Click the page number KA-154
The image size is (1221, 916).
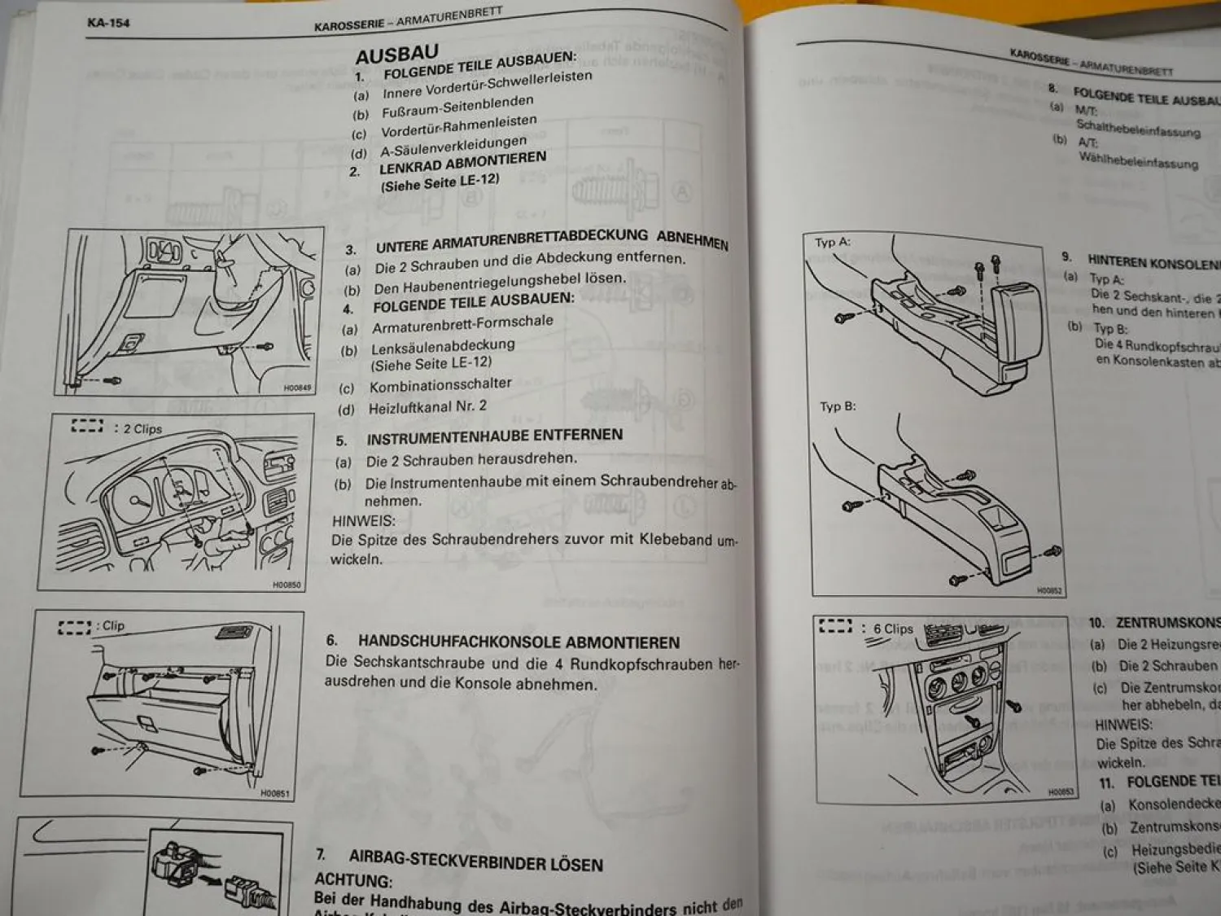(107, 23)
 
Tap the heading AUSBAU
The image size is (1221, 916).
(396, 55)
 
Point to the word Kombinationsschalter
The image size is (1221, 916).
(440, 384)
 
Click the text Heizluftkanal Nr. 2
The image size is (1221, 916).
(427, 407)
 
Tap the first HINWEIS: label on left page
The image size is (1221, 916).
(363, 520)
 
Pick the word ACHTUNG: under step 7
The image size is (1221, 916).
(353, 881)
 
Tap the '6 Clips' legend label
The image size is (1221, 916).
(893, 629)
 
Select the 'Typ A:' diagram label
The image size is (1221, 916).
(832, 243)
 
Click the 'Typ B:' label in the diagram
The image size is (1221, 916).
(838, 406)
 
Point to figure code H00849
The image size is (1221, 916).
(297, 388)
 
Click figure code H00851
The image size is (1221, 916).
(274, 793)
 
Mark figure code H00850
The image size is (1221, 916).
(286, 585)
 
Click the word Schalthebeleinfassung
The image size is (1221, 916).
(1137, 129)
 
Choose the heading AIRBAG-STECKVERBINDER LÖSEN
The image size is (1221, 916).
(475, 860)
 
